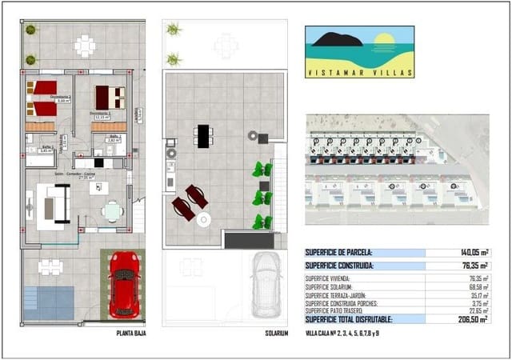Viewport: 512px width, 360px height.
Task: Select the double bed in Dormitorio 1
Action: coord(110,98)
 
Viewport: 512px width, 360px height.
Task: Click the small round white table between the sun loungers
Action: coord(203,218)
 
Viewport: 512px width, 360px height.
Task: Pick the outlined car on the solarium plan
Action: coord(266,287)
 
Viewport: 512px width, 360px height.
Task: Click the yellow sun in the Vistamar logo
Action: coord(385,40)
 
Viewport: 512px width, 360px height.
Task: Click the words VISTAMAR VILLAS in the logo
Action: coord(359,73)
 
